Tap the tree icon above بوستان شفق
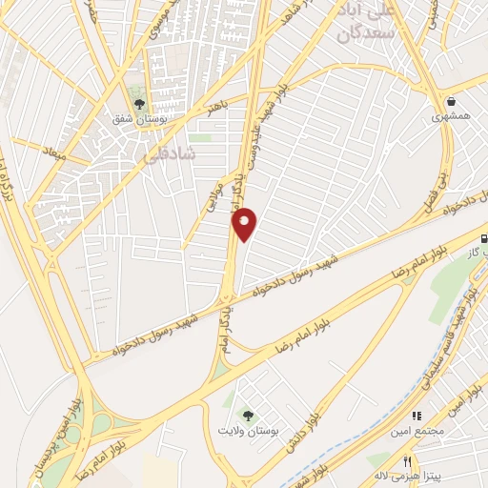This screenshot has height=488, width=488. pyautogui.click(x=140, y=104)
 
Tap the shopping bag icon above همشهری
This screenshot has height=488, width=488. pyautogui.click(x=450, y=100)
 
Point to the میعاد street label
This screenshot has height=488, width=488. pyautogui.click(x=52, y=152)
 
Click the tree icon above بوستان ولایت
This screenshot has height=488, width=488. pyautogui.click(x=248, y=416)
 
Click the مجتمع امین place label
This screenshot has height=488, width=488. pyautogui.click(x=416, y=431)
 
